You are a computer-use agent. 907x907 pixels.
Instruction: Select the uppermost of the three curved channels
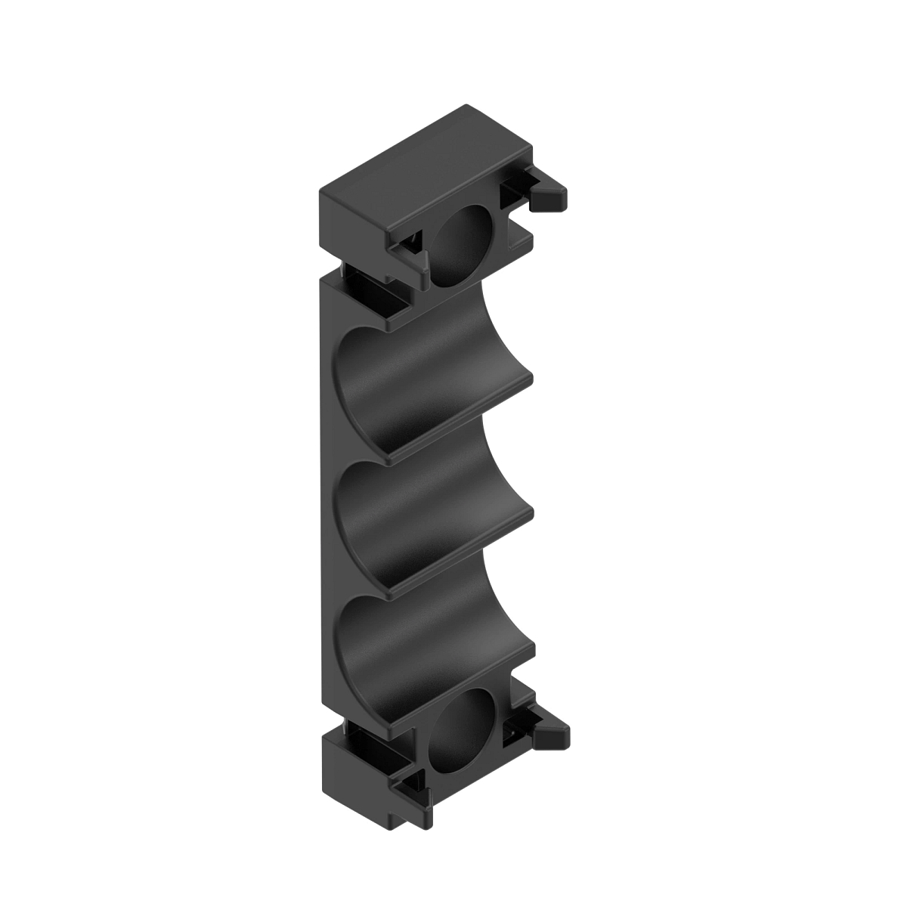click(x=423, y=378)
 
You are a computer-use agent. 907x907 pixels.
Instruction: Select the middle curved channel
click(x=423, y=522)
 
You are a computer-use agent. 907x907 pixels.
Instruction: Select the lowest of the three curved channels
click(x=423, y=658)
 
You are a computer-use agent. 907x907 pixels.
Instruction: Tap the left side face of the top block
click(x=351, y=219)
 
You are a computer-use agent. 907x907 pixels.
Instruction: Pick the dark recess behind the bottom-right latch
click(x=518, y=729)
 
